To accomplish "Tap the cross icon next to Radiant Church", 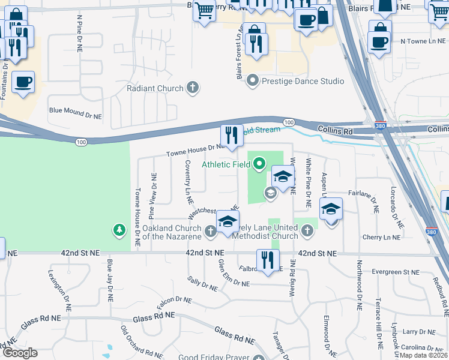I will pos(193,89).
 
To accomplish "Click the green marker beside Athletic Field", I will pos(259,163).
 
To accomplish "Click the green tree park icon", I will pos(119,229).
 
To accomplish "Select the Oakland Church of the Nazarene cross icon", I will pos(209,230).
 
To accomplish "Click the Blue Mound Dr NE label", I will pos(76,110).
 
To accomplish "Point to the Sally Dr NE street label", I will pos(202,283).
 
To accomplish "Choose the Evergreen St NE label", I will pos(395,272).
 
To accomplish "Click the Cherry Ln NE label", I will pos(381,238).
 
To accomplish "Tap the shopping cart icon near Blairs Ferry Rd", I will pos(204,10).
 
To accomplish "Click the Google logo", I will pos(19,353).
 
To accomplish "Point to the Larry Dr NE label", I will pos(418,331).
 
